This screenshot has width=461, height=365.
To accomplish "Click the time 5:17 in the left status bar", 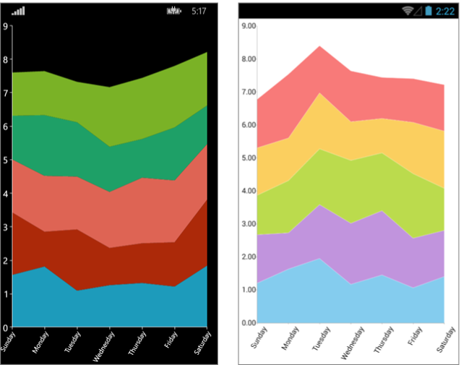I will pyautogui.click(x=199, y=12).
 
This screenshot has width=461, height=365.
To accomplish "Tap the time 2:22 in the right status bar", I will pyautogui.click(x=444, y=11).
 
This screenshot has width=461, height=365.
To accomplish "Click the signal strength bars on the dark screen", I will pyautogui.click(x=18, y=12).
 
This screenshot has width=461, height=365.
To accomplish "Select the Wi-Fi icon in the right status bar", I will pyautogui.click(x=410, y=11).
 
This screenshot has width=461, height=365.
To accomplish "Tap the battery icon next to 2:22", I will pyautogui.click(x=428, y=11).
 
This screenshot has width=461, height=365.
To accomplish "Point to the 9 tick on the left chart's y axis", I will pyautogui.click(x=6, y=26).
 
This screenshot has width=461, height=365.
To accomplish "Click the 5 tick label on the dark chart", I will pyautogui.click(x=6, y=160).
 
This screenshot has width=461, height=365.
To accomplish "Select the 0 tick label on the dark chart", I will pyautogui.click(x=6, y=327).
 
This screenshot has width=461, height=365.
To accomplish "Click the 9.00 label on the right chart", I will pyautogui.click(x=249, y=26).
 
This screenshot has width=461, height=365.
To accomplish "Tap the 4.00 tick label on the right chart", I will pyautogui.click(x=249, y=191).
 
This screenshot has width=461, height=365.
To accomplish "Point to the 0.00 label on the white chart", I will pyautogui.click(x=249, y=323).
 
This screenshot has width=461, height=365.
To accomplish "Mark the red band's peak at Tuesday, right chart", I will pyautogui.click(x=320, y=48).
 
